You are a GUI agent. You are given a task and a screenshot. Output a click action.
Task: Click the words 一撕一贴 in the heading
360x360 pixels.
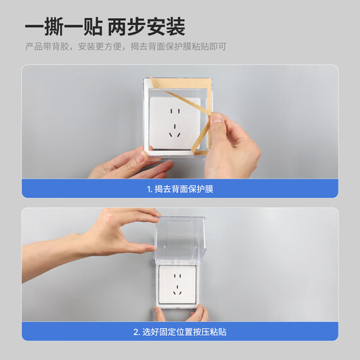click(x=64, y=27)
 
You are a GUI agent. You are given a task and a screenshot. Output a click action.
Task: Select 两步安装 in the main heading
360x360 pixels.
click(x=147, y=27)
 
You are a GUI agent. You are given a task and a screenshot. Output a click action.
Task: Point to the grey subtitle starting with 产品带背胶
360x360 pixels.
click(x=125, y=47)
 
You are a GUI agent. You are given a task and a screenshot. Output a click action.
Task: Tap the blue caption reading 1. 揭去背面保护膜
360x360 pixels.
click(x=179, y=188)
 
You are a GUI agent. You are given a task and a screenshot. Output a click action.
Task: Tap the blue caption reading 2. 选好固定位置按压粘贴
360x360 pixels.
click(x=179, y=332)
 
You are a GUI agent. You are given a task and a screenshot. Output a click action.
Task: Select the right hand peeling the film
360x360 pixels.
click(x=232, y=145)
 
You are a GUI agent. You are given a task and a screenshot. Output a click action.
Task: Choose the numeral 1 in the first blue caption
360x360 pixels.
click(x=148, y=188)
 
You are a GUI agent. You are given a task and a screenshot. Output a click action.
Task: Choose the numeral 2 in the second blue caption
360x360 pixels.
click(x=135, y=332)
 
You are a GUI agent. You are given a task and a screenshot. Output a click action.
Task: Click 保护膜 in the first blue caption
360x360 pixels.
click(x=201, y=188)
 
